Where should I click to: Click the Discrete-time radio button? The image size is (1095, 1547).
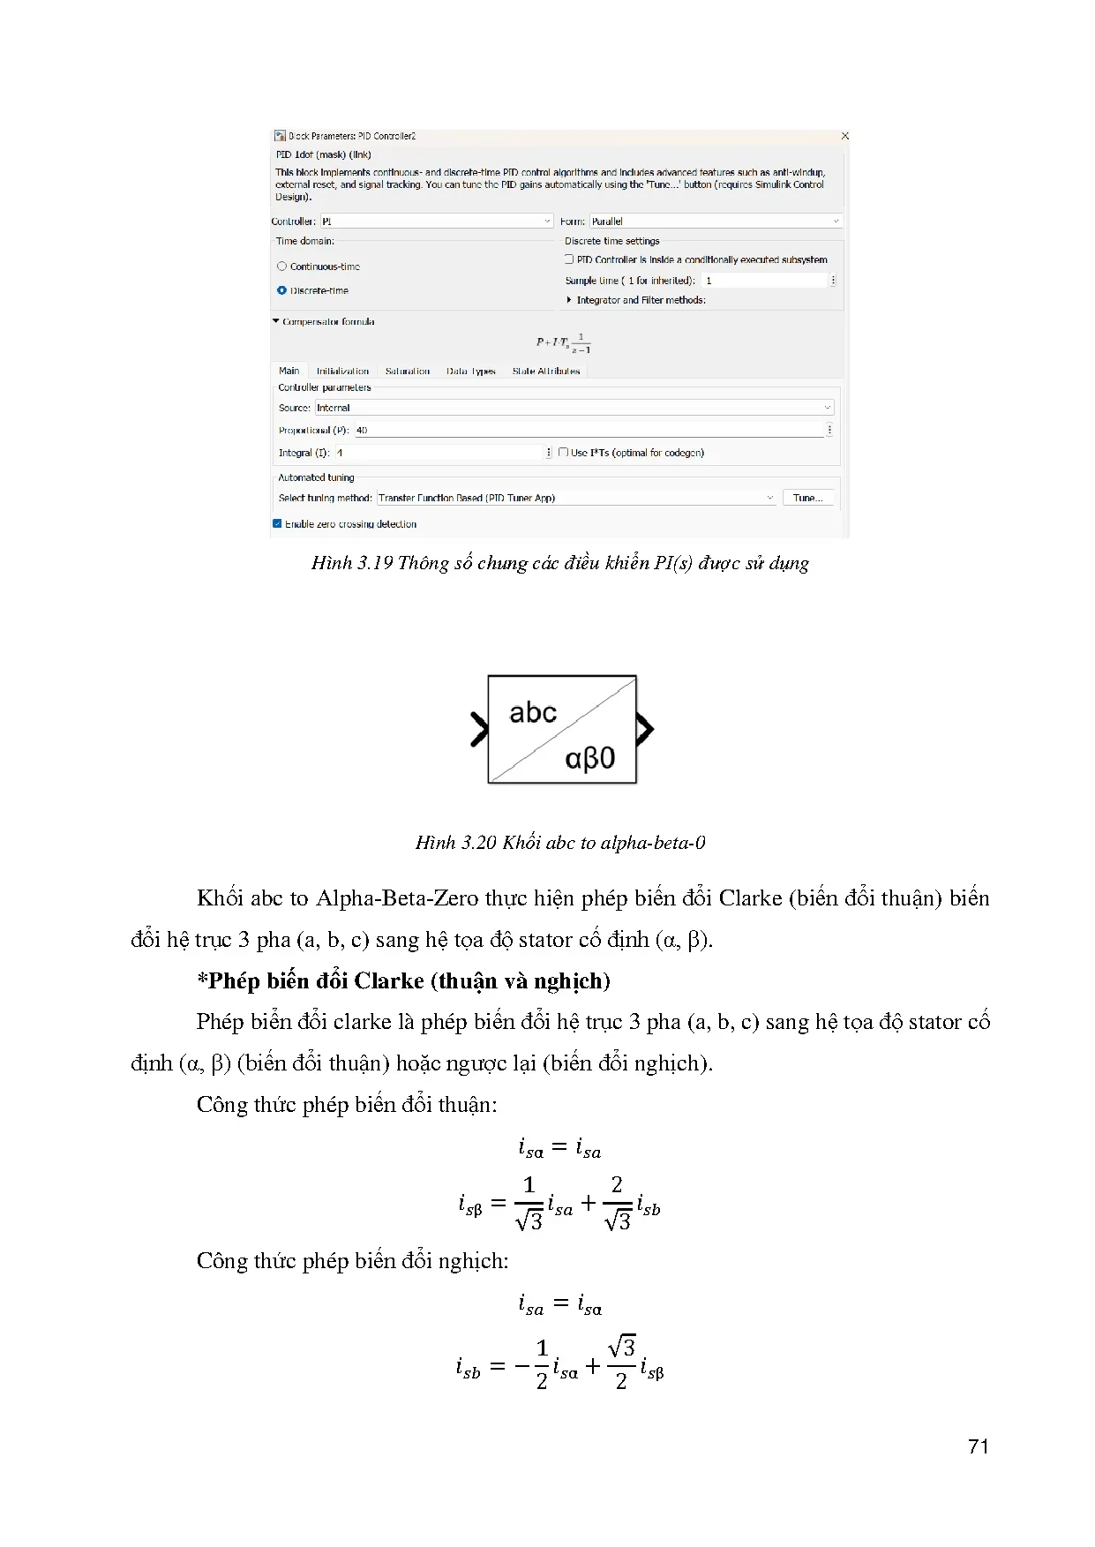(282, 290)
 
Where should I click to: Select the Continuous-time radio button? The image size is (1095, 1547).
(282, 267)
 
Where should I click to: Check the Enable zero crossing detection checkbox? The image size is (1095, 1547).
(278, 524)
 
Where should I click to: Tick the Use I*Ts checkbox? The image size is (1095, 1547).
(563, 453)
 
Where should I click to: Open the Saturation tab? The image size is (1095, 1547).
(408, 372)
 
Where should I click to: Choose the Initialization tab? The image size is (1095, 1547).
(342, 372)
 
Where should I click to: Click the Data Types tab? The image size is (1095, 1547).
(470, 372)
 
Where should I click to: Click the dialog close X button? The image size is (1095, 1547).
(844, 136)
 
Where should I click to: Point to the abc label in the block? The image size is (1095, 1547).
(533, 713)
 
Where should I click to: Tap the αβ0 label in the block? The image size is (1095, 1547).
(590, 758)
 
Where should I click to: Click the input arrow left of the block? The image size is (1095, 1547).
(479, 729)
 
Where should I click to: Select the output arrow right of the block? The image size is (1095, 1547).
(645, 729)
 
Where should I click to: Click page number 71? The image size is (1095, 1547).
(978, 1446)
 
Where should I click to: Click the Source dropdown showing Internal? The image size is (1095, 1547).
(574, 408)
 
